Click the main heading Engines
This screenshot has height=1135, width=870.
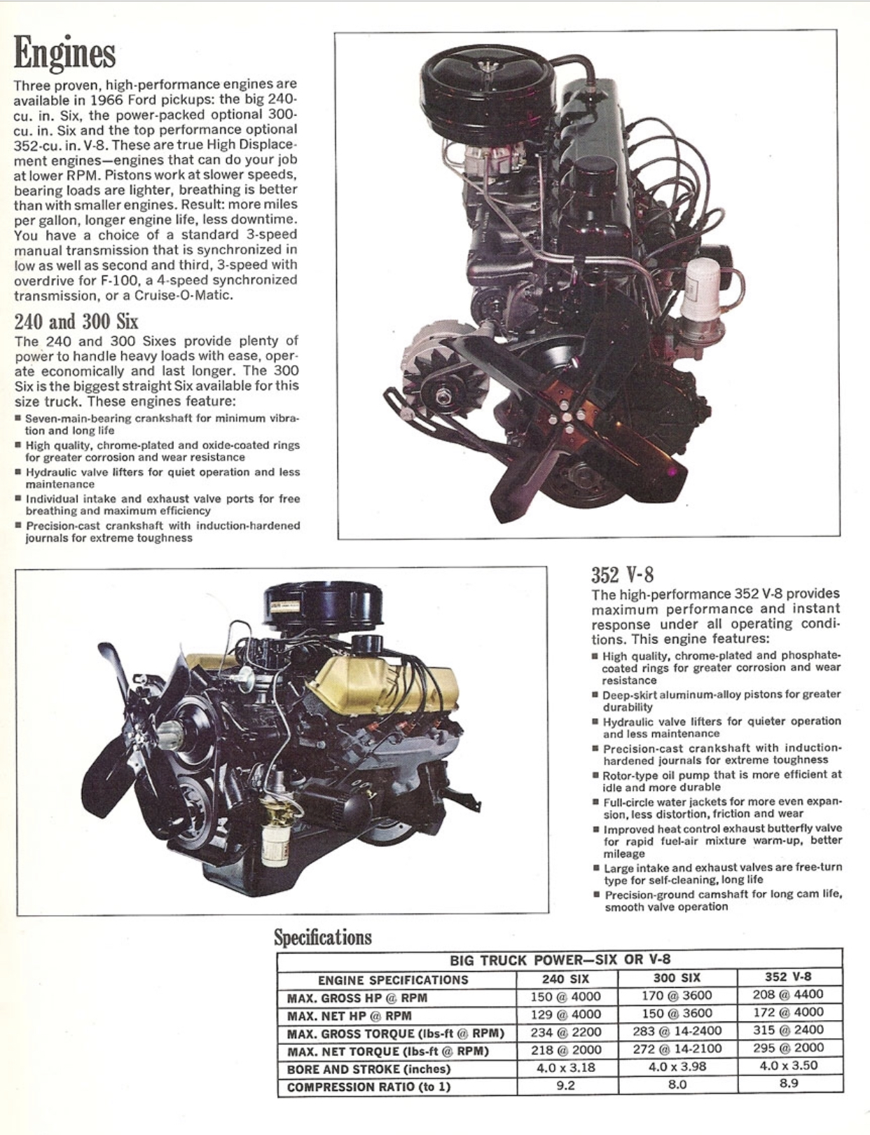click(x=64, y=55)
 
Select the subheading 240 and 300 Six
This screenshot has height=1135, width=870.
click(x=76, y=320)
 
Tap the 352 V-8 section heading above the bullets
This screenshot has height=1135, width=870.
click(x=623, y=575)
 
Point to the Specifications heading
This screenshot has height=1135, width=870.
click(x=323, y=937)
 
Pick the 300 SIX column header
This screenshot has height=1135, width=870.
click(x=677, y=977)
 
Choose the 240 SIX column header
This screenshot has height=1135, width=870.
click(x=565, y=978)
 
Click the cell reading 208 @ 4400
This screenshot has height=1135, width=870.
click(x=788, y=994)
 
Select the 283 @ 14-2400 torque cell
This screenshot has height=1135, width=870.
click(x=677, y=1031)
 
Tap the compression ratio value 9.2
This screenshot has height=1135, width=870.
click(x=565, y=1085)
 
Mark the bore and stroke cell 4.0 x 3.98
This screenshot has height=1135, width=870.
click(x=677, y=1066)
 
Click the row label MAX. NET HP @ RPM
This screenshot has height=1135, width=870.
click(x=349, y=1016)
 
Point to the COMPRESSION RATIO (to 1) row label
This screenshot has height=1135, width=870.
click(x=368, y=1087)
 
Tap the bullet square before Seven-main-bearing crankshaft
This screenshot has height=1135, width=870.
click(x=18, y=418)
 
